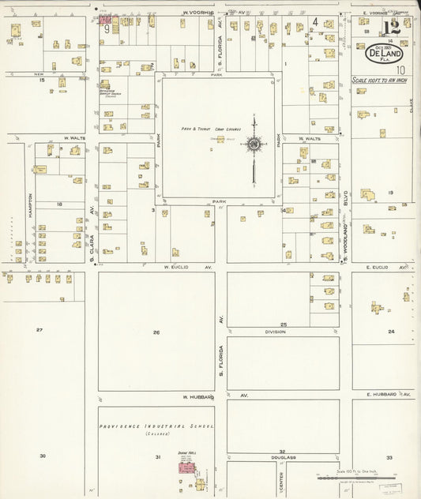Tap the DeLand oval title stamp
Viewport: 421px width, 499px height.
click(x=384, y=54)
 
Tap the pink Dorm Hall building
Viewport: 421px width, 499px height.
click(x=186, y=468)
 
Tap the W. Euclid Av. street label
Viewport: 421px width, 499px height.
click(x=188, y=267)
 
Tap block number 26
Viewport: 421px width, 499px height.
click(x=156, y=332)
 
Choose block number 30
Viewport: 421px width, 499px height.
click(x=43, y=456)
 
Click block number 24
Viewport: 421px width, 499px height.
click(x=391, y=332)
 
